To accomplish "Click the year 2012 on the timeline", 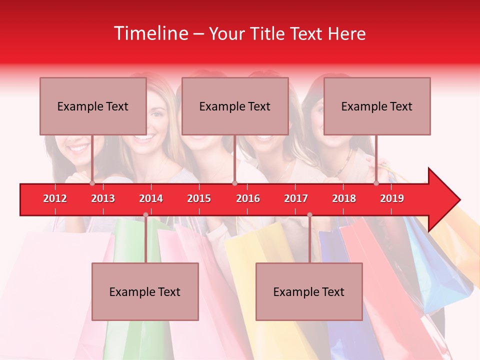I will (55, 198).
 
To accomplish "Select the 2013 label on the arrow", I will (103, 198).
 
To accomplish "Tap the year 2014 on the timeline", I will (151, 198).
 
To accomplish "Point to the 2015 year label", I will (199, 198).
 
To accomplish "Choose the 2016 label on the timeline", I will (248, 198).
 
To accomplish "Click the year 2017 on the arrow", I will (296, 198).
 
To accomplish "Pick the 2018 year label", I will (344, 198).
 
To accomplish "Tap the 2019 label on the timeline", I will (392, 198).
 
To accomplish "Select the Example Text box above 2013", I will (93, 106).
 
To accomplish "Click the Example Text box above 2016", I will (235, 106).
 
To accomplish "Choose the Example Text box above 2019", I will (377, 106).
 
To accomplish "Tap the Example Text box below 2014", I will (145, 291).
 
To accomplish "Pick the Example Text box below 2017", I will (309, 291).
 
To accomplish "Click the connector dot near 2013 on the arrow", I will (92, 183).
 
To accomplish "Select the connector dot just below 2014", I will (145, 215).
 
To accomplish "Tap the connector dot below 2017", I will (309, 215).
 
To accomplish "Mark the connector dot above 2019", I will (376, 183).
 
